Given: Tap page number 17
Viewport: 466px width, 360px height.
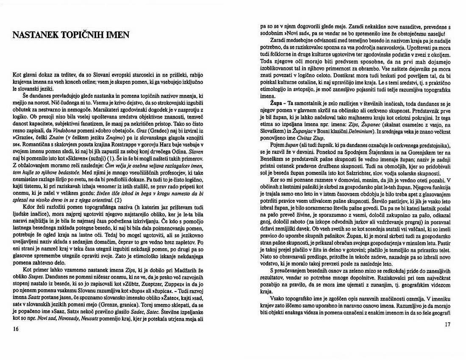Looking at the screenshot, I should tap(449, 324).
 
